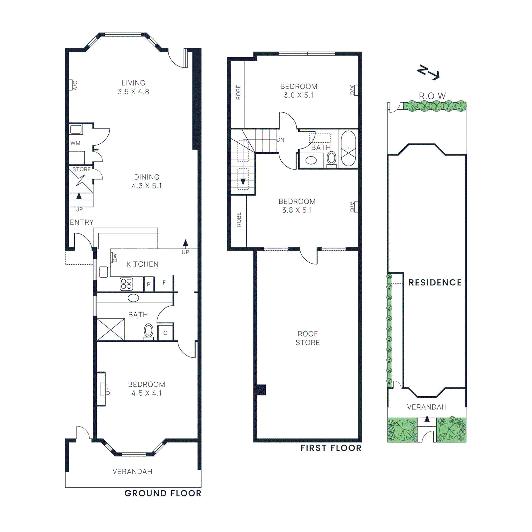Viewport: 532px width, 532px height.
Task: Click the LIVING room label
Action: tap(133, 83)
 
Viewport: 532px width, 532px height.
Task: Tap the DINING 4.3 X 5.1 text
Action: tap(147, 182)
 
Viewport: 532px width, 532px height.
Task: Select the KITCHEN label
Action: tap(142, 264)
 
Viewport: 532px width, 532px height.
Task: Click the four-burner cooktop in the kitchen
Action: tap(126, 284)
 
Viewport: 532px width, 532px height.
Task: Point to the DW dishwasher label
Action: tap(115, 258)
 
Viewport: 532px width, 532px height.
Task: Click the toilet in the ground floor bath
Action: tap(149, 331)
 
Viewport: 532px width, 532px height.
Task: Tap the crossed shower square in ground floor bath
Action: tap(111, 330)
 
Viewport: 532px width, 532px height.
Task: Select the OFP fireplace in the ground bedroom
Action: tap(103, 389)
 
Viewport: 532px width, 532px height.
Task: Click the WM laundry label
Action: tap(75, 143)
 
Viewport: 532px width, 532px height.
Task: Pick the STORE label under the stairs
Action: tap(81, 169)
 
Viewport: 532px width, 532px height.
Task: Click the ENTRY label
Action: tap(82, 222)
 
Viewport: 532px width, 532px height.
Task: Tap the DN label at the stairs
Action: tap(280, 140)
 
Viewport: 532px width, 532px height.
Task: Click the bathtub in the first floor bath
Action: tap(348, 148)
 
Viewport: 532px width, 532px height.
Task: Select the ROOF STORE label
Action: tap(308, 338)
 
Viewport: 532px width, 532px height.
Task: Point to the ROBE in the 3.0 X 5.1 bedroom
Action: tap(238, 92)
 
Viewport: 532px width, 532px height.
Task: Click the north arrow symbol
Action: tap(429, 72)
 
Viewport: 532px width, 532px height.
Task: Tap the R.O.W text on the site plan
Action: tap(432, 96)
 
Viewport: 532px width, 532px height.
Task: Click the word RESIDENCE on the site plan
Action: tap(435, 283)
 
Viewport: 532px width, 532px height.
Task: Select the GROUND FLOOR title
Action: tap(163, 493)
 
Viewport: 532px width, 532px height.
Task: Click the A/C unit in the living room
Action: tap(71, 85)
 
